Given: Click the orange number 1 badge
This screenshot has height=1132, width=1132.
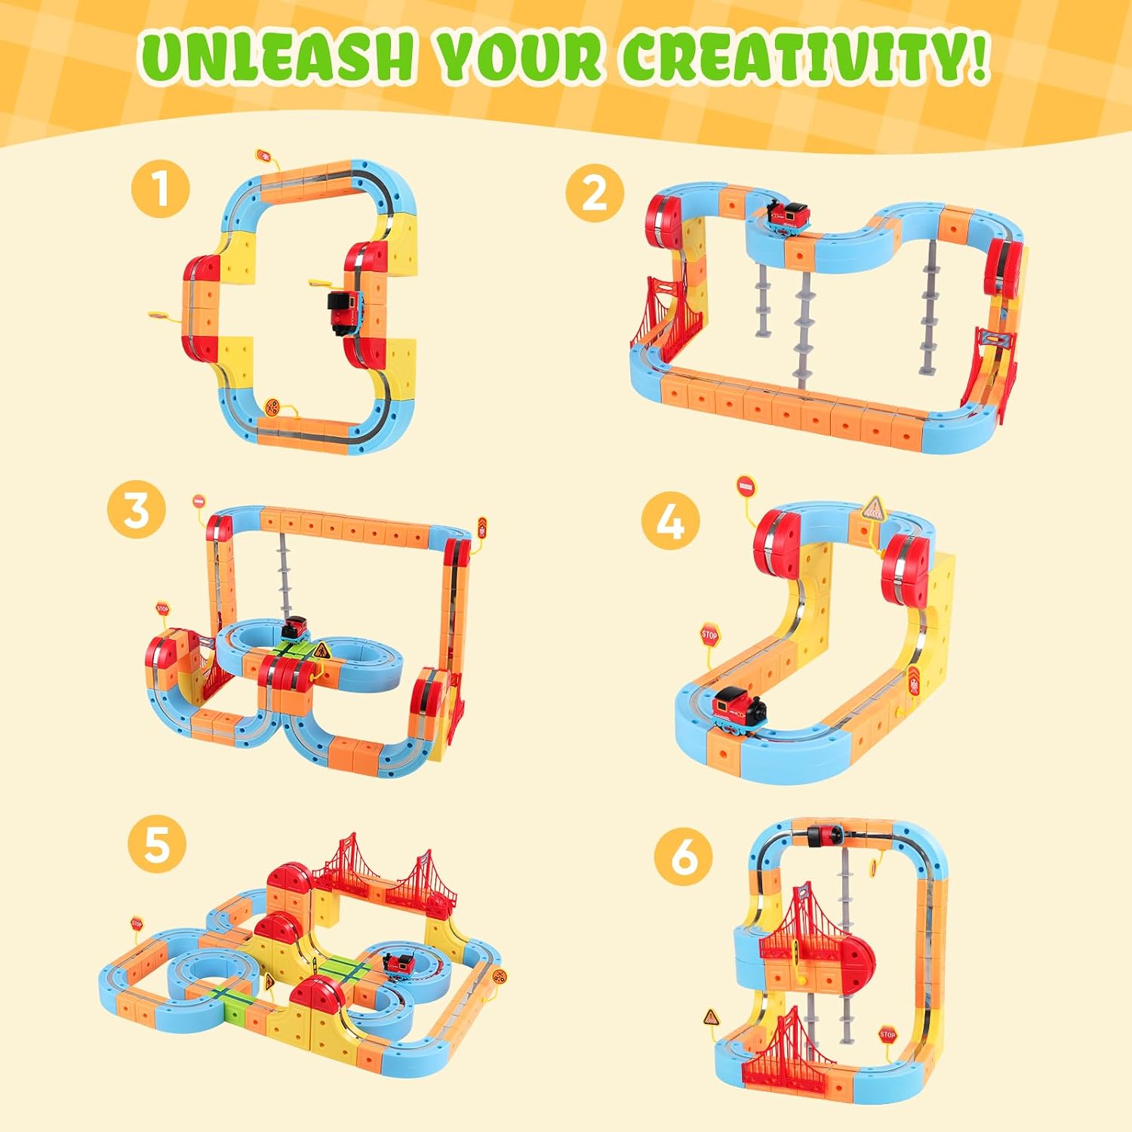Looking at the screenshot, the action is click(x=160, y=189).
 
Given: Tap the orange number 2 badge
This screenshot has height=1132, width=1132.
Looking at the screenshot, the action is click(x=595, y=192).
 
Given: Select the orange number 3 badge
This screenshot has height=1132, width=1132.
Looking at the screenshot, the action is click(x=137, y=509).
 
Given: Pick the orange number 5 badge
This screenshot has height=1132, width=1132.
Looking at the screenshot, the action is click(x=156, y=844).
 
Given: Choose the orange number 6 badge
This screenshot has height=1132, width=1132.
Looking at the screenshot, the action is click(x=684, y=858).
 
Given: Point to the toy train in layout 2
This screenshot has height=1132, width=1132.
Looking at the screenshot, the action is click(x=789, y=214).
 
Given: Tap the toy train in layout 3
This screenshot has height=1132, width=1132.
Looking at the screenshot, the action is click(x=295, y=628).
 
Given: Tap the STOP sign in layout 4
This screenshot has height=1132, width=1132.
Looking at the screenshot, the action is click(x=709, y=635).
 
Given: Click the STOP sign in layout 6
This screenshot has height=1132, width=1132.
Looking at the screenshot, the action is click(x=887, y=1035).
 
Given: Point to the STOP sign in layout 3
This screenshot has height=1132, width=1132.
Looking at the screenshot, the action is click(x=162, y=608).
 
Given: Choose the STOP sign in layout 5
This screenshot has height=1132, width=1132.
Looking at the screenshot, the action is click(x=137, y=922).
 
